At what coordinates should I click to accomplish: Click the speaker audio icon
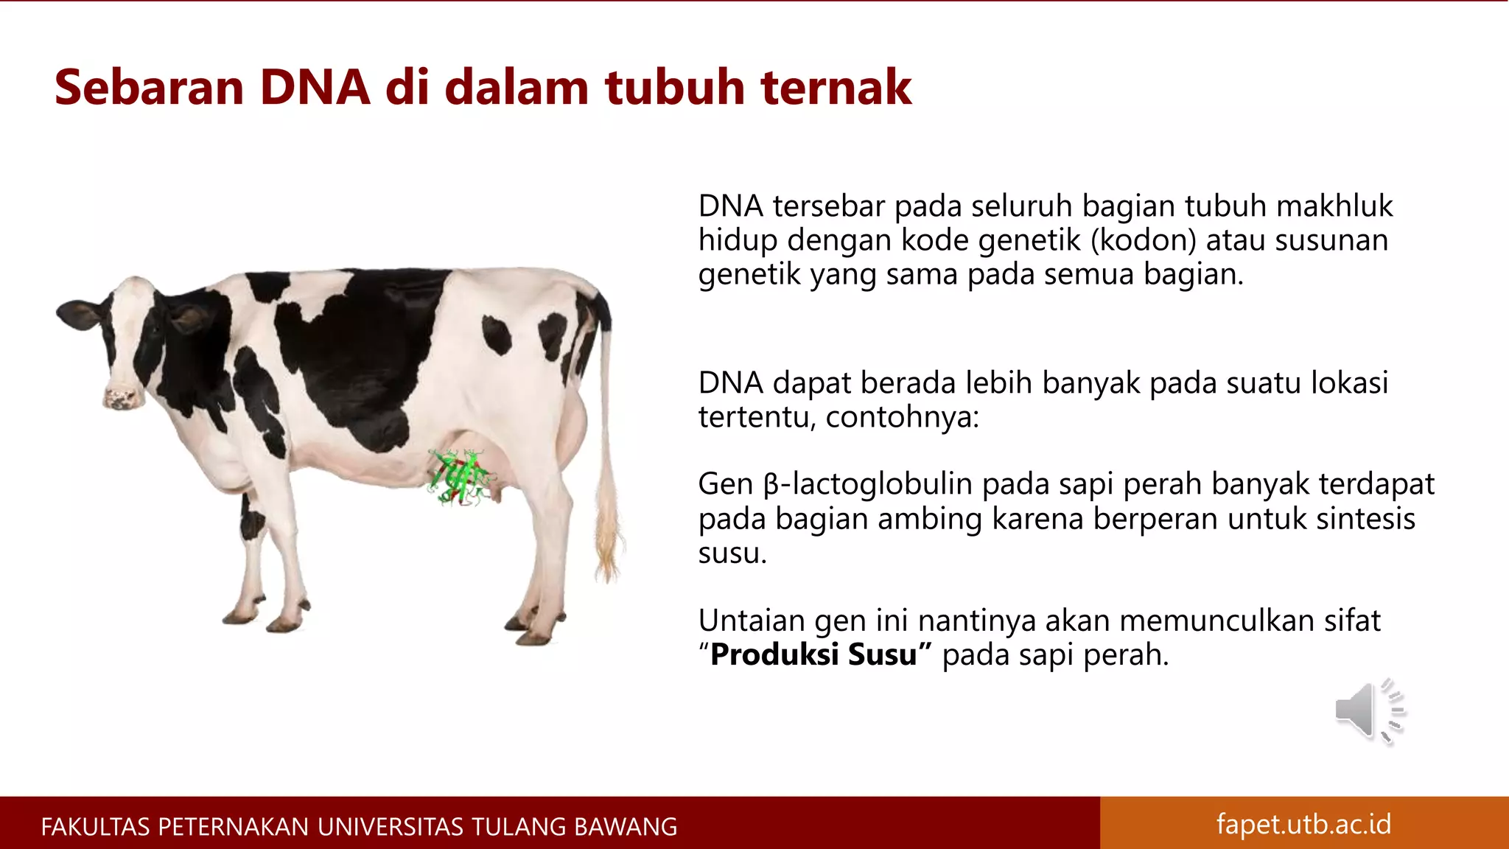pyautogui.click(x=1369, y=710)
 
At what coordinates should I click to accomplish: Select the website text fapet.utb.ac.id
pyautogui.click(x=1303, y=823)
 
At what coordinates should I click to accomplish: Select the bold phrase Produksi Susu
pyautogui.click(x=814, y=654)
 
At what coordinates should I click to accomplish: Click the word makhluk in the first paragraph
pyautogui.click(x=1334, y=206)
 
